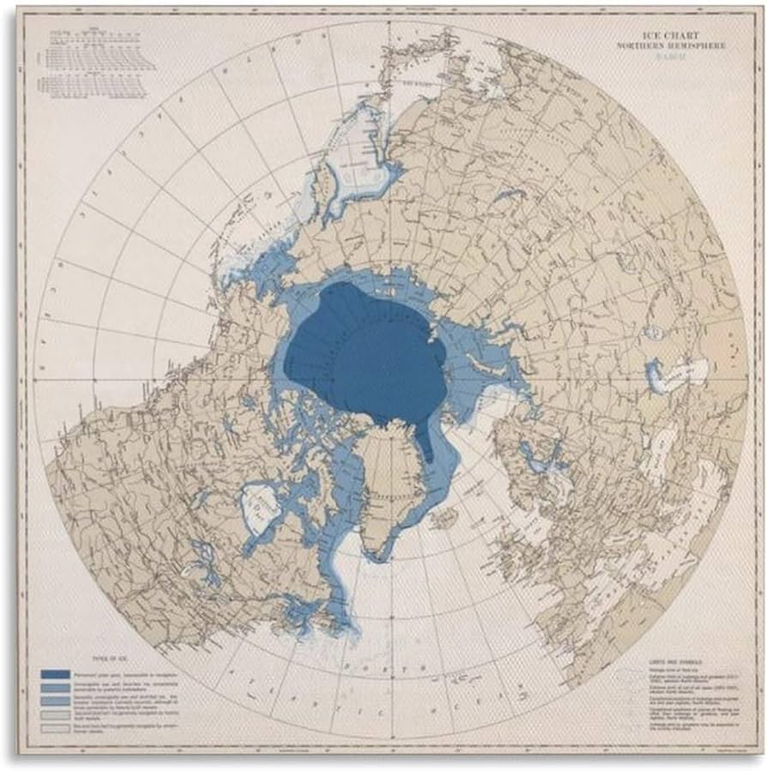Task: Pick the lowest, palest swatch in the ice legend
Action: pyautogui.click(x=57, y=729)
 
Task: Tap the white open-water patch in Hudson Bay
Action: pyautogui.click(x=258, y=506)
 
